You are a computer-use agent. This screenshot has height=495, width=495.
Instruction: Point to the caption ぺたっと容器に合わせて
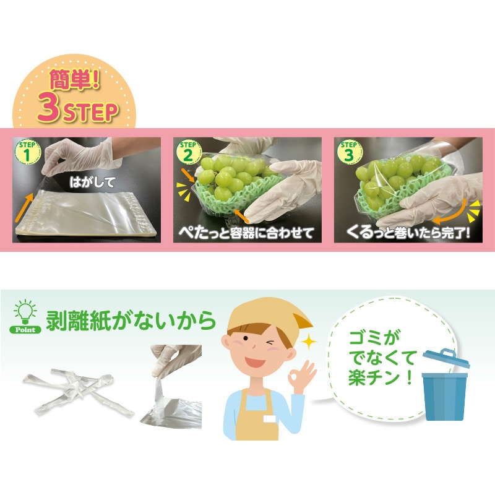click(246, 233)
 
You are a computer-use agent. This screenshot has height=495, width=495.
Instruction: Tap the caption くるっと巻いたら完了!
click(408, 233)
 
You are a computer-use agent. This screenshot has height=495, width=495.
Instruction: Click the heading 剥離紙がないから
click(131, 320)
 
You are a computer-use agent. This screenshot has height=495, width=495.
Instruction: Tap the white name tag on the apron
click(270, 419)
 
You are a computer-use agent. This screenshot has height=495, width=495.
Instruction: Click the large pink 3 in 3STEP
click(49, 108)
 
